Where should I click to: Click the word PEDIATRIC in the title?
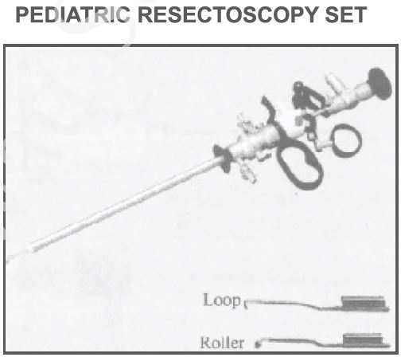(x=72, y=14)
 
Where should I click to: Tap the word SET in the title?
(x=346, y=14)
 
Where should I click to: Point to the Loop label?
(x=222, y=300)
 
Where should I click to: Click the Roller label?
(x=222, y=343)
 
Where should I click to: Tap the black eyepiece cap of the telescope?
(x=380, y=84)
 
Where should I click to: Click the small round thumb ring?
(x=345, y=139)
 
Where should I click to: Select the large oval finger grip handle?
(x=300, y=165)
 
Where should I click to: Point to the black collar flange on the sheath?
(x=224, y=159)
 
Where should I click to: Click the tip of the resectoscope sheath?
(x=8, y=259)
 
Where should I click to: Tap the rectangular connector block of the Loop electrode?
(x=364, y=303)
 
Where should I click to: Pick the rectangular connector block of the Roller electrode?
(x=365, y=340)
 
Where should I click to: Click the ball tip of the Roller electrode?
(x=257, y=344)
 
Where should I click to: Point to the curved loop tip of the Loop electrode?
(x=246, y=304)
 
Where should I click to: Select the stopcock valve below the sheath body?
(x=249, y=173)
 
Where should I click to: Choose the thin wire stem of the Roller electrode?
(x=301, y=341)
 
